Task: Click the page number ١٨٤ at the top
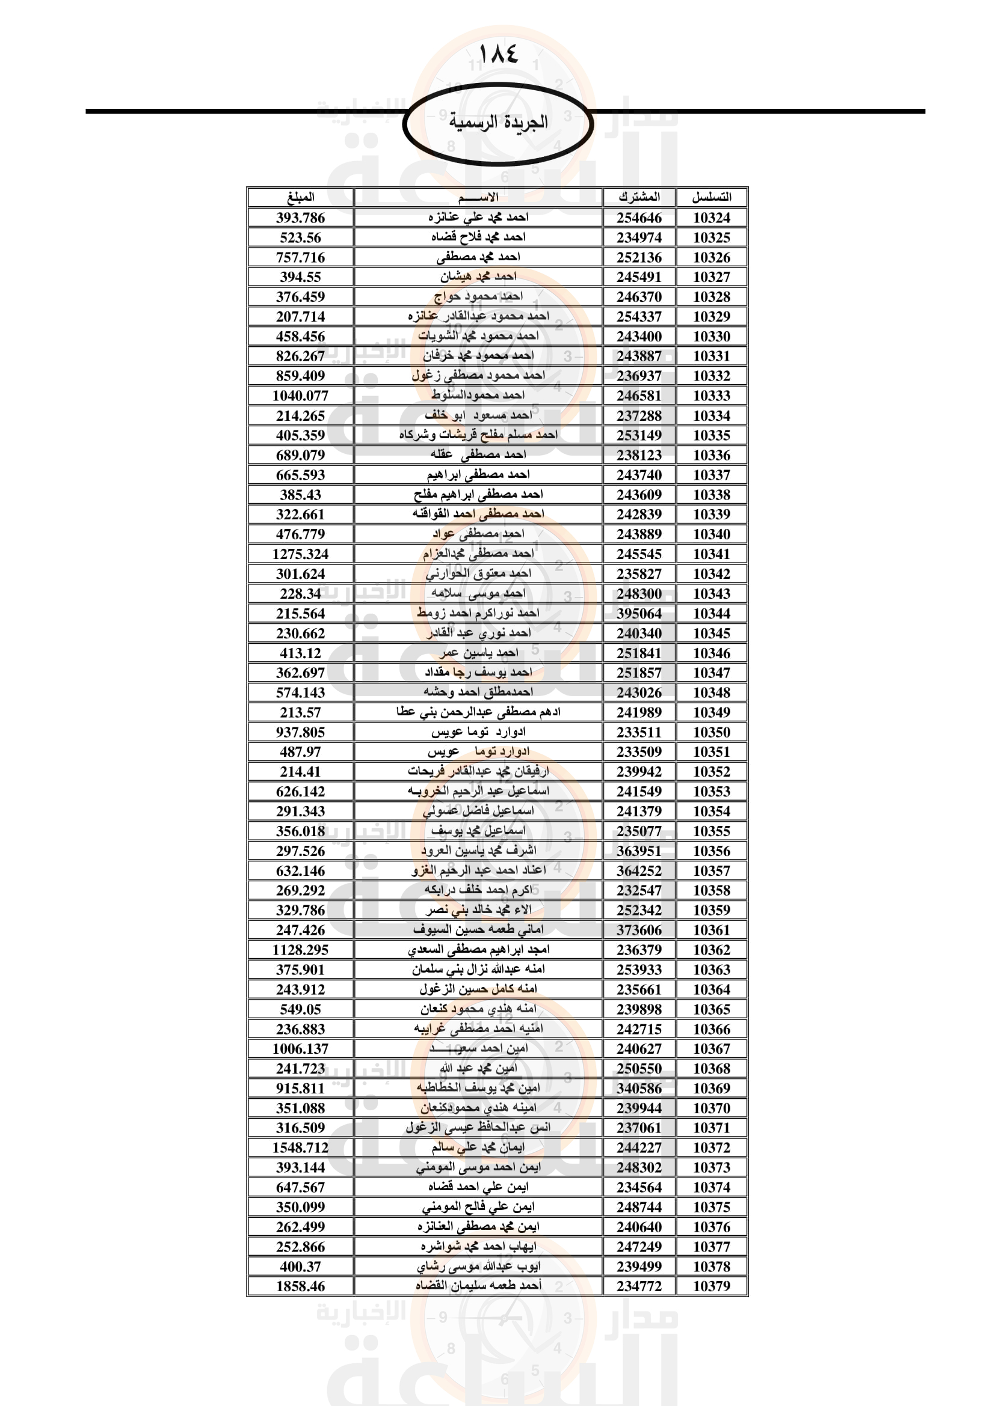coord(498,54)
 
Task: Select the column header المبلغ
coord(300,197)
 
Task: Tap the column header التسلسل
coord(711,197)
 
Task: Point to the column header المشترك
coord(639,197)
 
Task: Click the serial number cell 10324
coord(711,218)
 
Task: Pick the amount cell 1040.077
coord(300,396)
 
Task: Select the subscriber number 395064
coord(639,614)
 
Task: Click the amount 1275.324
coord(300,554)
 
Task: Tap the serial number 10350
coord(711,732)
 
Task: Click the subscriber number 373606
coord(639,930)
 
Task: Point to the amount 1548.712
coord(300,1148)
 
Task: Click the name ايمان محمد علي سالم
coord(478,1148)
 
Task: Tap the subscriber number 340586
coord(639,1088)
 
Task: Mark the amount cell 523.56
coord(300,237)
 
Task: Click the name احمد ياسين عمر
coord(478,653)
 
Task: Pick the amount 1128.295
coord(300,950)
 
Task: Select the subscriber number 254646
coord(639,218)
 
